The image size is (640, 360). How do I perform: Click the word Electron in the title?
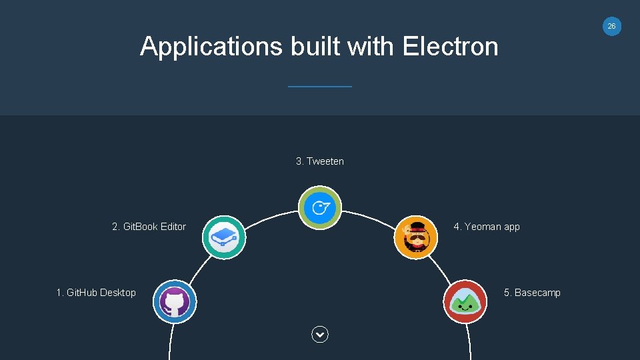click(450, 47)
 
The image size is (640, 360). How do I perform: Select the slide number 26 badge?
click(611, 26)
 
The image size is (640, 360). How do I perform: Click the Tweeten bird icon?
click(320, 207)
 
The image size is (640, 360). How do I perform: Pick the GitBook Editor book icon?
click(224, 237)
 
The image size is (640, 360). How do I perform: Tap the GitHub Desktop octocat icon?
click(174, 302)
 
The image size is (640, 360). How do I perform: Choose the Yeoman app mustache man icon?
click(416, 237)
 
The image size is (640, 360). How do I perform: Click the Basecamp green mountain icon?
click(465, 302)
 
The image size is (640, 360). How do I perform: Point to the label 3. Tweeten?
click(320, 161)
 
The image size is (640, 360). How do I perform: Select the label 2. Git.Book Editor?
click(149, 227)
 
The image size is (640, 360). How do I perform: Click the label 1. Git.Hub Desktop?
click(96, 293)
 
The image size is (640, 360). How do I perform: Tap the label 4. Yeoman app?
click(487, 227)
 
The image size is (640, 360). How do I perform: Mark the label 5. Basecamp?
click(532, 293)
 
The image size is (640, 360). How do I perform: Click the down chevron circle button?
click(320, 335)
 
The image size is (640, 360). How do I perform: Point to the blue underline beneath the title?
click(319, 86)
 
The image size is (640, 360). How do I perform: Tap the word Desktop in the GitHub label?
click(118, 293)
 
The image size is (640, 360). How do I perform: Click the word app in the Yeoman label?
click(511, 227)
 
